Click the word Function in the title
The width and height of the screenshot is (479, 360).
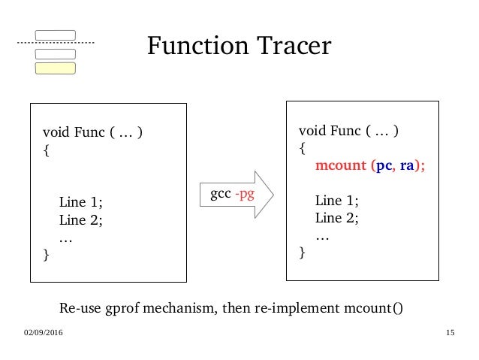pos(196,47)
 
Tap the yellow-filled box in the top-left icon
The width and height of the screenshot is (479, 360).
pos(56,68)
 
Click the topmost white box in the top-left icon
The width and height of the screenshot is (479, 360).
pos(56,35)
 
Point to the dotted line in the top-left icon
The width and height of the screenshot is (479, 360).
pos(56,44)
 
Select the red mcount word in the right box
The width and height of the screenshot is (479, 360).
pos(339,167)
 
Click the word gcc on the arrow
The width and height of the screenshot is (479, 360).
pos(220,195)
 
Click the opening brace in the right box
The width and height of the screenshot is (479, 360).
pos(302,148)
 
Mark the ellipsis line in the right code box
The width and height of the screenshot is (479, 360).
pos(322,236)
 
